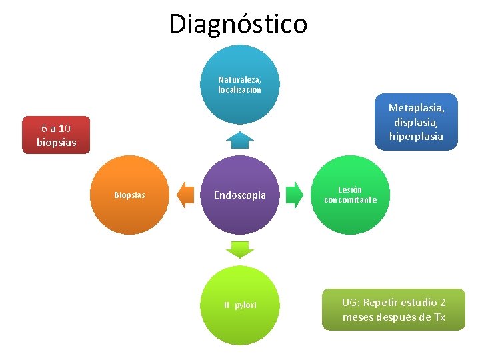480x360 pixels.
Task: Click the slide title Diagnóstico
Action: (239, 23)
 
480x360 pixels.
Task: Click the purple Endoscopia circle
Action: (239, 195)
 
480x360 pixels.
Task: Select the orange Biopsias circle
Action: (129, 195)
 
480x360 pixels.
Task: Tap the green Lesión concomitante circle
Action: (350, 195)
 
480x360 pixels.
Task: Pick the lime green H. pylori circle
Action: (239, 305)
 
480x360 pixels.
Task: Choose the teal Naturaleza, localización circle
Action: (239, 84)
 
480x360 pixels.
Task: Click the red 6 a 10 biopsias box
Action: (56, 135)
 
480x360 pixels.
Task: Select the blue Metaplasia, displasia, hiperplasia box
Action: (416, 122)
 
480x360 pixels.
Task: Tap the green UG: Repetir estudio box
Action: (393, 309)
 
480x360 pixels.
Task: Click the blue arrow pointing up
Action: (239, 139)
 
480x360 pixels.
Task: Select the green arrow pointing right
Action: (293, 195)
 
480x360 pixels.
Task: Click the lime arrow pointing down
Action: (239, 249)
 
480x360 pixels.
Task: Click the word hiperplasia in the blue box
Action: (416, 136)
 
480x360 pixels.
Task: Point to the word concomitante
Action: (350, 200)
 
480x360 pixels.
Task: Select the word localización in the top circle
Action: (239, 89)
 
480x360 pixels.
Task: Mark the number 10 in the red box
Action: (64, 128)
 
